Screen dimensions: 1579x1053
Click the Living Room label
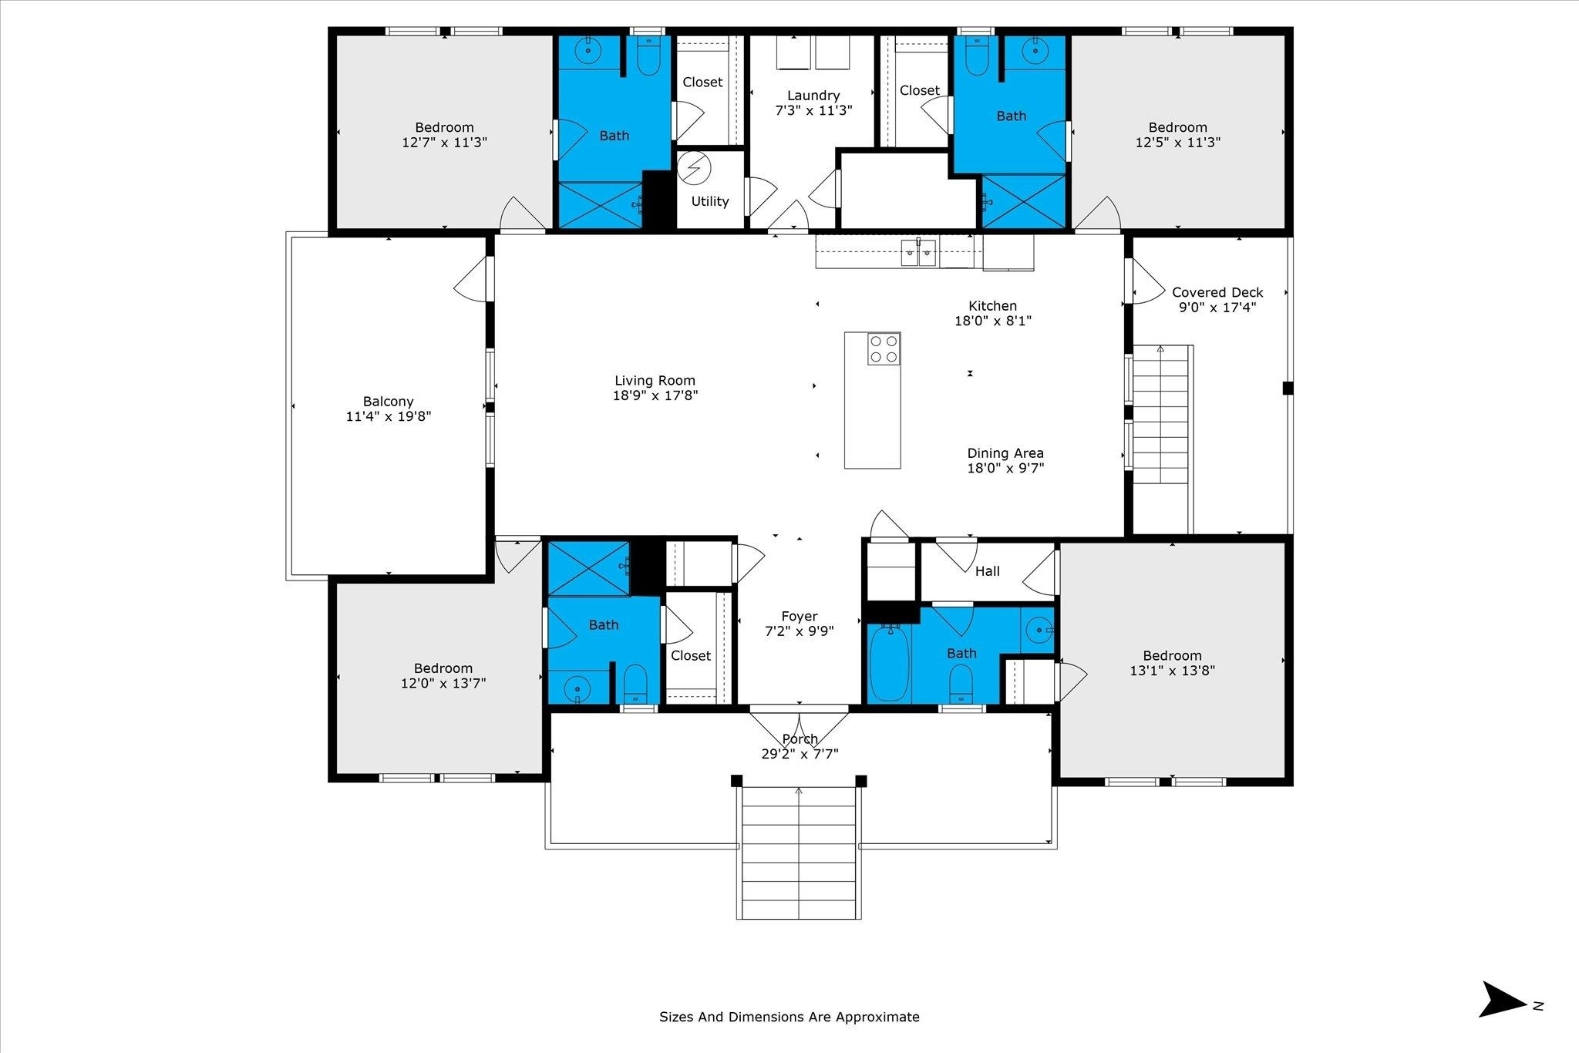click(655, 381)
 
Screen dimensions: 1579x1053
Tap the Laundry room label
click(813, 96)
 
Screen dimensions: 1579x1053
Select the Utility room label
click(710, 201)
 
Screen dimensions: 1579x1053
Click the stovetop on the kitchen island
click(884, 348)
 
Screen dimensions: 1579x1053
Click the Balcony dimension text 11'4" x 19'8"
click(389, 416)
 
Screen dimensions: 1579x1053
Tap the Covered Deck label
click(1217, 292)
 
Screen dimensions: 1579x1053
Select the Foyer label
click(800, 617)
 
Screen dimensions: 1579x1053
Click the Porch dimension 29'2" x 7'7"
click(800, 754)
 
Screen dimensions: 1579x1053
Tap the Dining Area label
click(1005, 453)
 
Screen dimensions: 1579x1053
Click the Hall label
click(988, 571)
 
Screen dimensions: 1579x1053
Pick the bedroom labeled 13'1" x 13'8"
click(1172, 663)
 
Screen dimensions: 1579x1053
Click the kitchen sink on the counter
click(919, 252)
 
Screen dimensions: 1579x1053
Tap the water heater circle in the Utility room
click(695, 168)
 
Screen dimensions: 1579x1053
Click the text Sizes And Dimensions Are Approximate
click(789, 1017)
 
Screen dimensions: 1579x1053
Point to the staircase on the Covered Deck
click(1162, 439)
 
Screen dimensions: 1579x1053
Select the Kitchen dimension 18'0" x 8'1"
click(993, 321)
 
